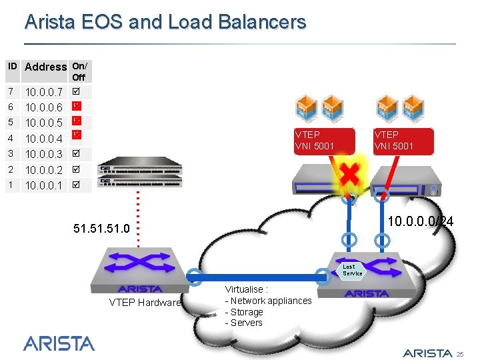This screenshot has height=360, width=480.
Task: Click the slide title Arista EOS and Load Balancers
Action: coord(165,22)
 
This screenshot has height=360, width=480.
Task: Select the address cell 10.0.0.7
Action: coord(43,92)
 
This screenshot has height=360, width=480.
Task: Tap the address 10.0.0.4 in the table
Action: coord(43,139)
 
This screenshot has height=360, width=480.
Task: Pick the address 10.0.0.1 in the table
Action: coord(43,185)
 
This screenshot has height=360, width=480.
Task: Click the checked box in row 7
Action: coord(77,91)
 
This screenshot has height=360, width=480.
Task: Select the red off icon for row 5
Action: coord(77,121)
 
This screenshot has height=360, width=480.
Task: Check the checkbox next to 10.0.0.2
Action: coord(77,170)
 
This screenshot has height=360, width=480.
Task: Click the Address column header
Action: coord(45,67)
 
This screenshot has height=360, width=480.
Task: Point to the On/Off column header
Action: coord(79,71)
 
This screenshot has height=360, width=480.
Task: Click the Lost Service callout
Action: coord(353,270)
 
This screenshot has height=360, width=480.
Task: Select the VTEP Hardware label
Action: coord(145,303)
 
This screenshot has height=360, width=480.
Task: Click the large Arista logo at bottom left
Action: coord(59,343)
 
